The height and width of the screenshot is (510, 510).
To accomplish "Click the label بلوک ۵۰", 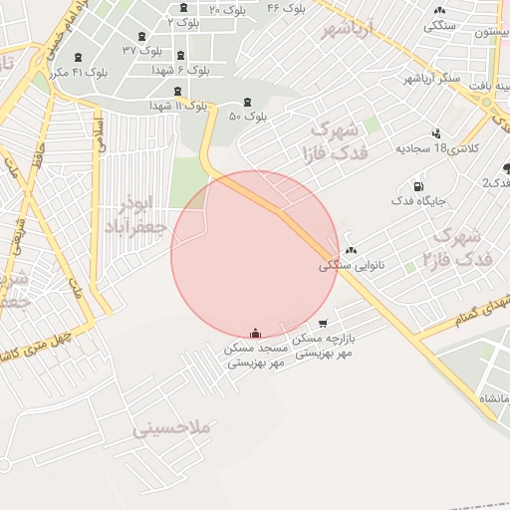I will (x=249, y=117).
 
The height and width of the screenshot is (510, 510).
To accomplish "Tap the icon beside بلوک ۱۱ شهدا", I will (x=178, y=92).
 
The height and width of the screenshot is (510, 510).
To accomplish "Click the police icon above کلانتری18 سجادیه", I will (x=435, y=133).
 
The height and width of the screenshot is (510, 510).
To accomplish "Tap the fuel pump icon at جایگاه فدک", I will (x=416, y=186).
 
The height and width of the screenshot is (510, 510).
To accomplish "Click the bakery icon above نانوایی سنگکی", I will (x=350, y=251).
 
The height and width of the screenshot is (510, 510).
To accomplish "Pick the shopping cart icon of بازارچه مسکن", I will (x=323, y=324).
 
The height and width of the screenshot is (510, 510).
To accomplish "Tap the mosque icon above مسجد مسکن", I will (x=256, y=333).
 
